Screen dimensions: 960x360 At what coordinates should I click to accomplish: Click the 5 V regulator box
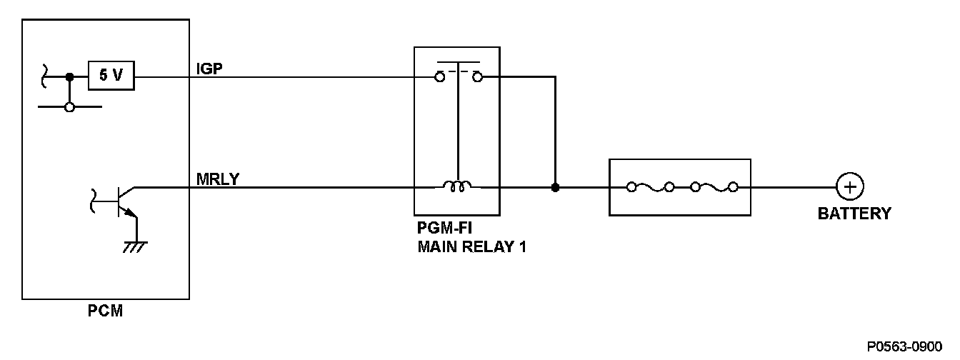point(111,76)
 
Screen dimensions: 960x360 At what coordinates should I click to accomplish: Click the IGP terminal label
point(209,69)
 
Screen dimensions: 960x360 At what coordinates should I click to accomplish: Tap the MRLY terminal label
point(218,179)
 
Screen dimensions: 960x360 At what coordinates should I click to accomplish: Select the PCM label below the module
point(106,311)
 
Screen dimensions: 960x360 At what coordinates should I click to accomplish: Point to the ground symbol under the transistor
point(136,247)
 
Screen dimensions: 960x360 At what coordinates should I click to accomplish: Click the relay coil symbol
point(457,186)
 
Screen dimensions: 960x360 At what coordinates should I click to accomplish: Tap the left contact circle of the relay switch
point(440,78)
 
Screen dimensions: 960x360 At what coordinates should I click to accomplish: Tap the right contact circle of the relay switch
point(477,77)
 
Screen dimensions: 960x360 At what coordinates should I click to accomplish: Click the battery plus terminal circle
point(850,187)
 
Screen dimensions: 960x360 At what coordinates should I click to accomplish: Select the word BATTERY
point(854,214)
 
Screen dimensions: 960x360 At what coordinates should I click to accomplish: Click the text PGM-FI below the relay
point(444,228)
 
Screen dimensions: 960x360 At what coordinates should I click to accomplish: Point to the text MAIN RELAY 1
point(472,247)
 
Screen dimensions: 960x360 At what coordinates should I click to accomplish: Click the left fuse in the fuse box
point(651,187)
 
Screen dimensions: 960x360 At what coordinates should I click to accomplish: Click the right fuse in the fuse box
point(714,187)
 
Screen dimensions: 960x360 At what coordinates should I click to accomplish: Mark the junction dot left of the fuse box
point(556,187)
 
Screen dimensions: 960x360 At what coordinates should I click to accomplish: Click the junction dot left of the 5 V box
point(69,77)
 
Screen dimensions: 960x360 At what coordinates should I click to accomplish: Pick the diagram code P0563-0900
point(904,346)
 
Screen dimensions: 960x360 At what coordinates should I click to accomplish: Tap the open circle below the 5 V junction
point(69,107)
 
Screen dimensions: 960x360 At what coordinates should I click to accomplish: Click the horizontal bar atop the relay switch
point(458,63)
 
